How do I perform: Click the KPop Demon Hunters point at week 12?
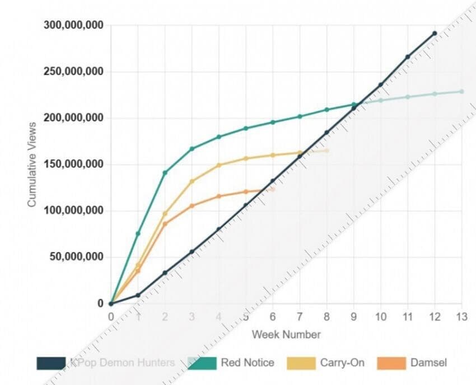coord(435,34)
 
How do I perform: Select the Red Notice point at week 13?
coord(461,91)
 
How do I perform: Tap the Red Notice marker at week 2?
coord(165,172)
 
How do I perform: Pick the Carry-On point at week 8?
coord(326,151)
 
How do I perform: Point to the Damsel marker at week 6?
coord(273,189)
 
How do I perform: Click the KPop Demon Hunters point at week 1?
coord(138,295)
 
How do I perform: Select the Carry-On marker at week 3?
coord(192,181)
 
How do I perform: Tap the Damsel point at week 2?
coord(165,224)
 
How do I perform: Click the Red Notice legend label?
coord(248,363)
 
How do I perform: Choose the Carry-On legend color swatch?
coord(301,363)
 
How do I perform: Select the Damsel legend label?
coord(428,363)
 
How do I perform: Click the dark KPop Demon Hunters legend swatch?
coord(51,363)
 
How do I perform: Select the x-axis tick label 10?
coord(380,317)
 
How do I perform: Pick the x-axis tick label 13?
coord(461,317)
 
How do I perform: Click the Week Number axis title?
coord(286,335)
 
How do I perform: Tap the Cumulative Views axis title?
coord(32,165)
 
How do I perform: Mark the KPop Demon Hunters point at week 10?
coord(381,85)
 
